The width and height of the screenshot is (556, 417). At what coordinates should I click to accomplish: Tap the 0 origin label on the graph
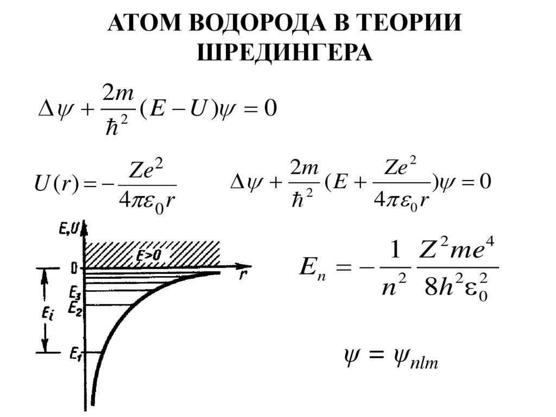click(74, 268)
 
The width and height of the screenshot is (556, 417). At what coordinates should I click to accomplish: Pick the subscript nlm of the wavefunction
click(425, 362)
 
